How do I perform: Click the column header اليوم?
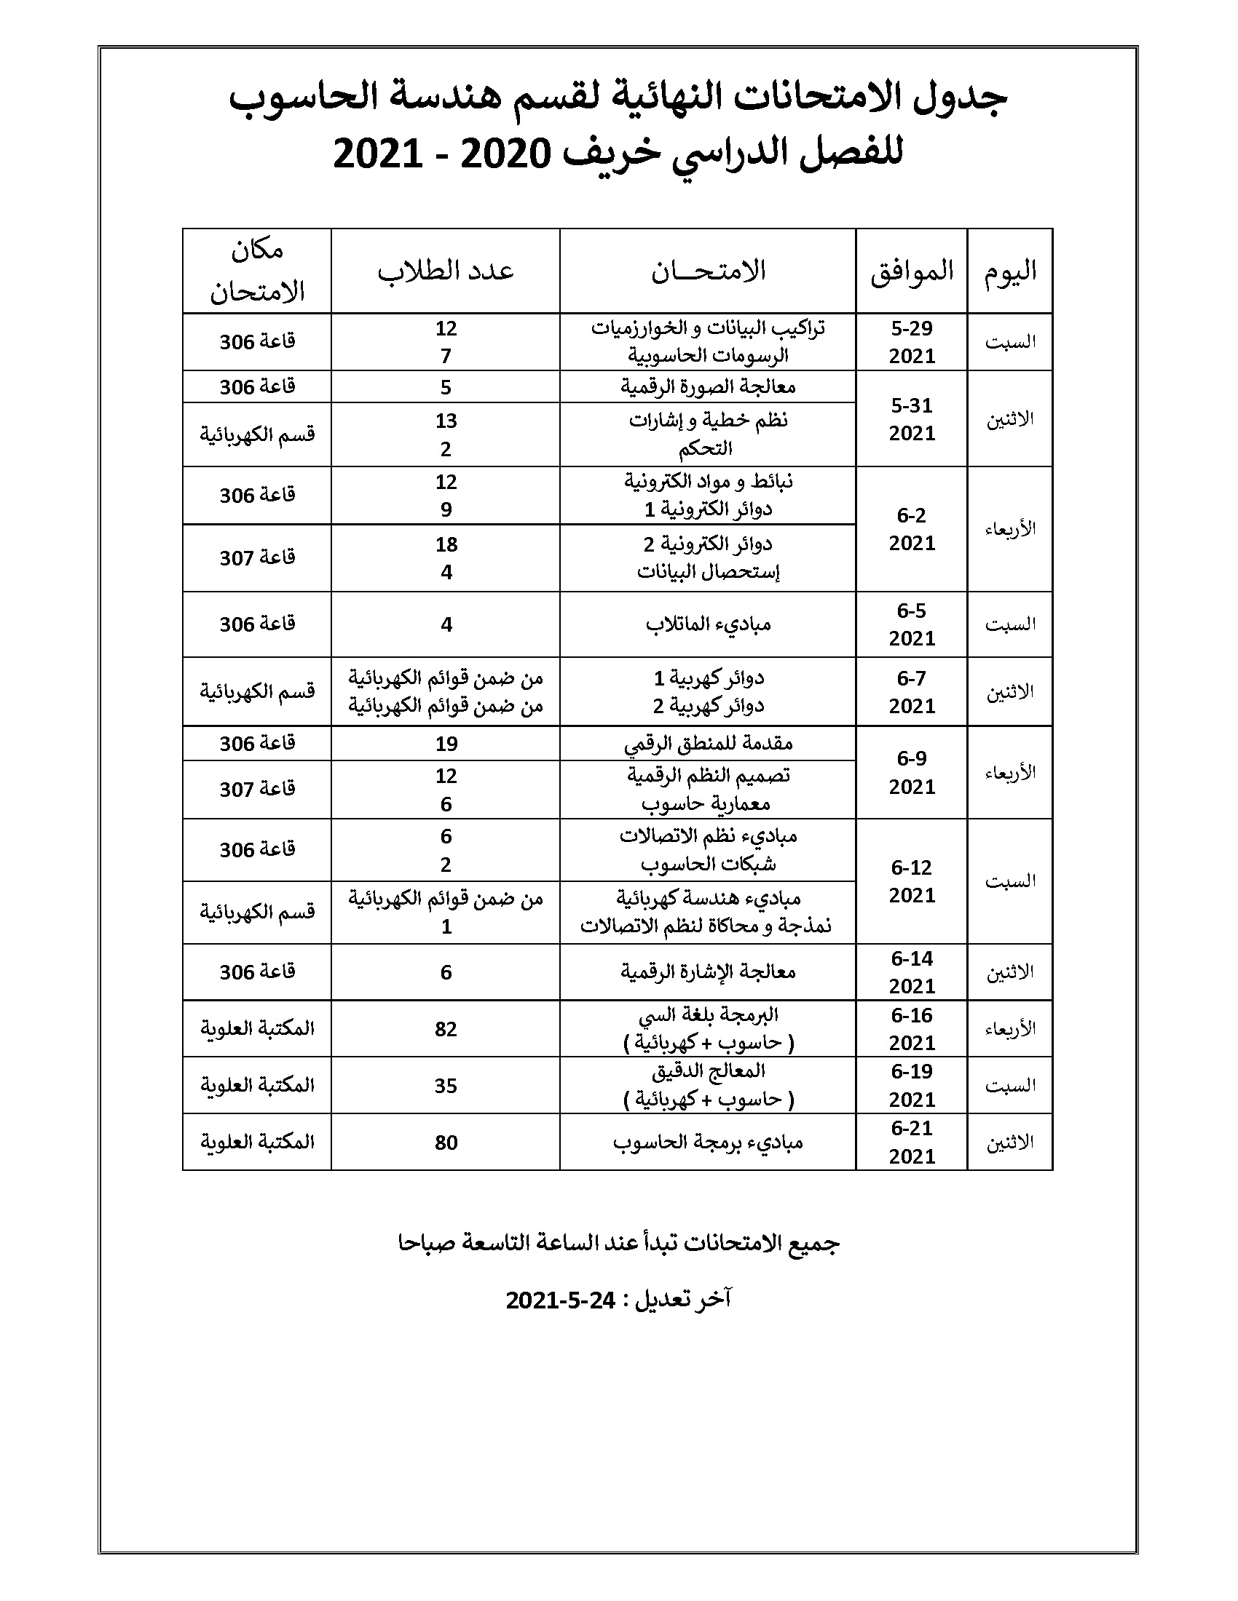point(1010,271)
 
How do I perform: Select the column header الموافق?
point(912,271)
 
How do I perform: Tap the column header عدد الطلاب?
point(446,271)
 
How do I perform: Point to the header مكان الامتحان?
point(256,272)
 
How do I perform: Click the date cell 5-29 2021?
point(912,342)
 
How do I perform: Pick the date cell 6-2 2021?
point(912,529)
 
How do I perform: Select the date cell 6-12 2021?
point(912,881)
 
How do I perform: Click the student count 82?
point(446,1029)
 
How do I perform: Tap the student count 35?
point(446,1086)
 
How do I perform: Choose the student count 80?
point(446,1143)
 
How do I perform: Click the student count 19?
point(446,744)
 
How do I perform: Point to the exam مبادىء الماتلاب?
point(708,624)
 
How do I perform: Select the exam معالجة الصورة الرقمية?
point(708,387)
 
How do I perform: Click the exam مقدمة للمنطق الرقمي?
point(708,744)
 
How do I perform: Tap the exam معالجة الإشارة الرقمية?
point(708,972)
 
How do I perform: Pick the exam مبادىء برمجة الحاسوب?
point(708,1143)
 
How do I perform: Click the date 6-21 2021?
point(912,1142)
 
